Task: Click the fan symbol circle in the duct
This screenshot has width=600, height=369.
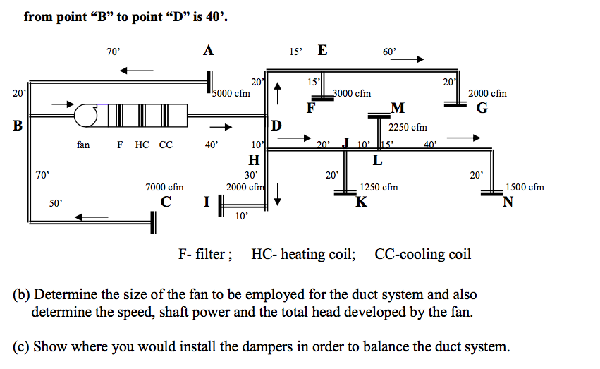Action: tap(92, 113)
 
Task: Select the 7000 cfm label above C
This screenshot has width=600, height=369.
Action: tap(164, 187)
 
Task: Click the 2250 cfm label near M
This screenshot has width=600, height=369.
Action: tap(408, 128)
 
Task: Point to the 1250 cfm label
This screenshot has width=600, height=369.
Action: tap(379, 187)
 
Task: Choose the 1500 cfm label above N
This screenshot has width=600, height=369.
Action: tap(525, 187)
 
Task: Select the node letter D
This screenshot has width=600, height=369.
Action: tap(277, 126)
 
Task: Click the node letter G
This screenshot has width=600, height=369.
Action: tap(482, 109)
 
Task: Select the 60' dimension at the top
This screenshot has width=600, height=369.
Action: tap(389, 52)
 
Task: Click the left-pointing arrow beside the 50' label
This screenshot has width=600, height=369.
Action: tap(92, 217)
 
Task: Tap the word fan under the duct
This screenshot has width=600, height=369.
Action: tap(83, 145)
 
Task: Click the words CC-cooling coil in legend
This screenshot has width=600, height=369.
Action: tap(423, 254)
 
